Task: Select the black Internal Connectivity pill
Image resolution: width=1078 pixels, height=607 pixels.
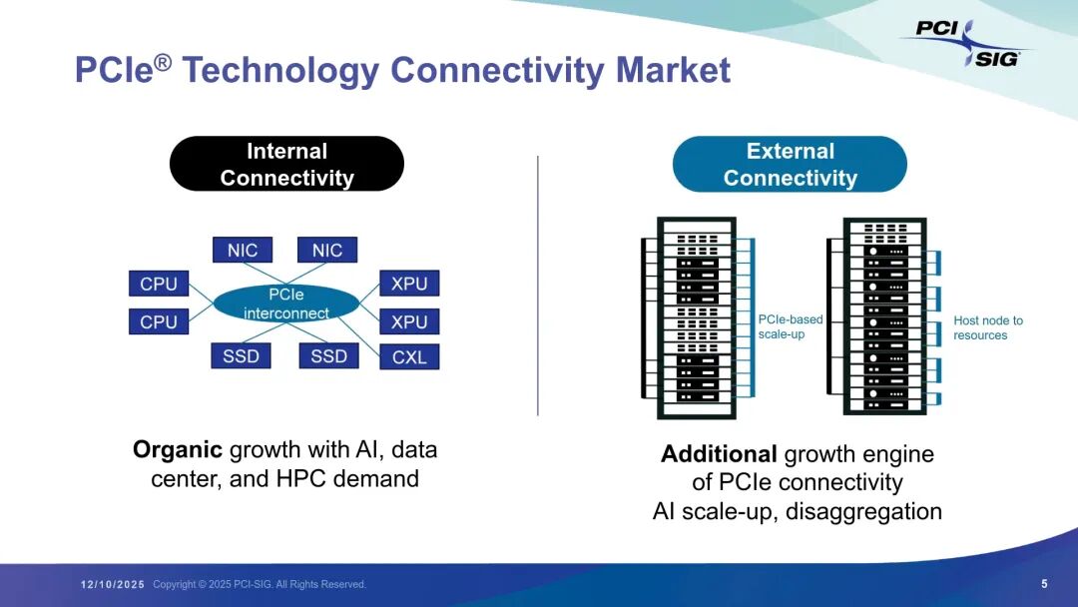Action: [x=286, y=164]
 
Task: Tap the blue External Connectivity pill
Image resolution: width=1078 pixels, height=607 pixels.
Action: [x=790, y=164]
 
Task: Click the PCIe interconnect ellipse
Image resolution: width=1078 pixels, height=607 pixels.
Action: [x=285, y=303]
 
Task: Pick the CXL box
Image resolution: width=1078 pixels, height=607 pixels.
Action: [x=409, y=356]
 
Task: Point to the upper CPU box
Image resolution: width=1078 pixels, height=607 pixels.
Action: [x=159, y=284]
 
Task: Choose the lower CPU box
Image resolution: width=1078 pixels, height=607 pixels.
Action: [x=159, y=321]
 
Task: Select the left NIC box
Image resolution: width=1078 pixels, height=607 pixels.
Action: [x=243, y=250]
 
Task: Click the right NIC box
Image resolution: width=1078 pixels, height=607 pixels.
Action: [x=327, y=250]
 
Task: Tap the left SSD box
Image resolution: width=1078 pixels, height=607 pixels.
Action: [x=241, y=355]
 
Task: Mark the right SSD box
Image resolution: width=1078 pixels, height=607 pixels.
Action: [x=328, y=355]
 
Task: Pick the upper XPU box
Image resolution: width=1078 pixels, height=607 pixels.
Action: [x=409, y=284]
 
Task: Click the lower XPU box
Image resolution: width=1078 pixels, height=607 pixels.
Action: [x=409, y=321]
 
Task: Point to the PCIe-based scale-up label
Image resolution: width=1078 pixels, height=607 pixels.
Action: [x=791, y=326]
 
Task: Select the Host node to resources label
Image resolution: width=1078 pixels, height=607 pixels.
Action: [x=988, y=327]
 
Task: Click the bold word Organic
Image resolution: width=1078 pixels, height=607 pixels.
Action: [x=178, y=449]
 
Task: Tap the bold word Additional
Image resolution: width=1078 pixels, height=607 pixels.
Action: [x=719, y=454]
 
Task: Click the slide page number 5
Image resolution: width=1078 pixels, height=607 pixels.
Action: [x=1044, y=584]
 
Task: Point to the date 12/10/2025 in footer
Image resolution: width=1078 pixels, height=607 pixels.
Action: [x=113, y=584]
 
